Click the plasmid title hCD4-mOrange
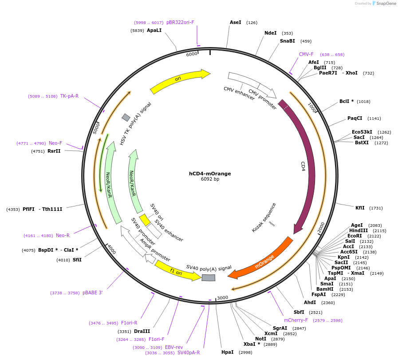210,174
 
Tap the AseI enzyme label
236,22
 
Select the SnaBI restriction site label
287,41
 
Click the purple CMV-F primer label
306,54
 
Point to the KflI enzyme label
360,208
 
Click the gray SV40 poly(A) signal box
208,277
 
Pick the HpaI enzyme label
227,352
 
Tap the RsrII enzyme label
54,151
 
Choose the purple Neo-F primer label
55,143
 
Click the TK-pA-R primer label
69,96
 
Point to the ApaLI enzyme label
154,30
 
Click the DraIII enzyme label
142,331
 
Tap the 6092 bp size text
210,179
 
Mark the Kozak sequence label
264,218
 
